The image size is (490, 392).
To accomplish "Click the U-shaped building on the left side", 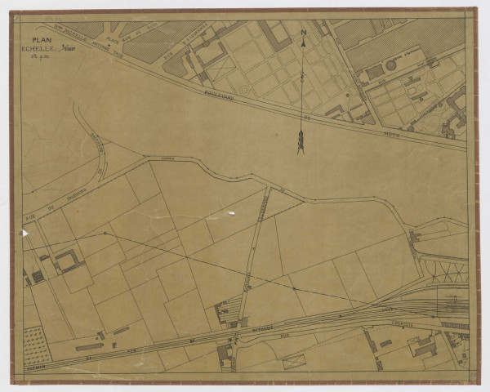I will click(69, 261).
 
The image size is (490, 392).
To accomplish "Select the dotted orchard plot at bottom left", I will click(37, 344).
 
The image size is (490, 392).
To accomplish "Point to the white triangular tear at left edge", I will click(24, 234).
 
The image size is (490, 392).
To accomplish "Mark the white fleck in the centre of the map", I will click(231, 215).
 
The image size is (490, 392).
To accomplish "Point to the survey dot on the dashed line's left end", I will click(104, 234).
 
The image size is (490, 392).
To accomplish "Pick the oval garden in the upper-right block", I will click(412, 80).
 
